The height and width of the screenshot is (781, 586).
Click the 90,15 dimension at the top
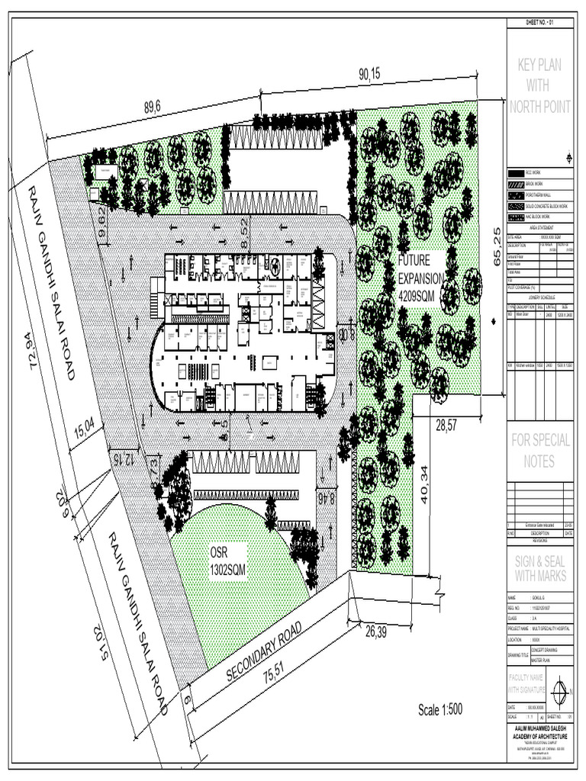click(x=370, y=74)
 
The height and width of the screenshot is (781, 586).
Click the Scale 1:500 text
click(x=440, y=711)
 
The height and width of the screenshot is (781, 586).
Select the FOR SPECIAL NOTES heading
click(x=540, y=451)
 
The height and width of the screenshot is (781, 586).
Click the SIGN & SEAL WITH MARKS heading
click(x=539, y=568)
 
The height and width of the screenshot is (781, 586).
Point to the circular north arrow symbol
click(x=561, y=693)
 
